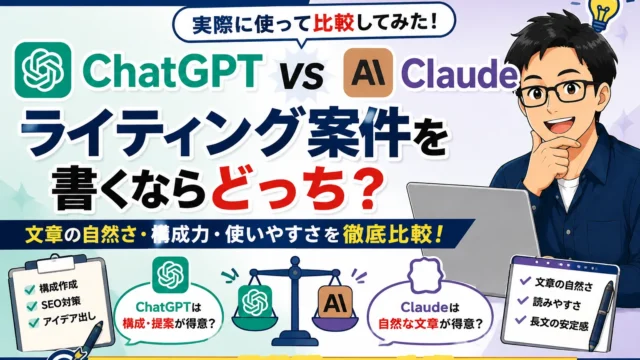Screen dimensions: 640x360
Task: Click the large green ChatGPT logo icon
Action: [x=43, y=70]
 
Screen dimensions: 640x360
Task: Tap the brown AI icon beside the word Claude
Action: [x=368, y=73]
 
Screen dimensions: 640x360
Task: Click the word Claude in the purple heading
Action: [x=459, y=75]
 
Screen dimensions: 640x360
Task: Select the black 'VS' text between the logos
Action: [x=303, y=76]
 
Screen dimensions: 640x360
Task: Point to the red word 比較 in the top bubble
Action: [x=333, y=24]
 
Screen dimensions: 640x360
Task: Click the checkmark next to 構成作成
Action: [x=29, y=289]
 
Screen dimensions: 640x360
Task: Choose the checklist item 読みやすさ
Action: [x=557, y=303]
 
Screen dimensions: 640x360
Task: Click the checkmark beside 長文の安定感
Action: [x=520, y=320]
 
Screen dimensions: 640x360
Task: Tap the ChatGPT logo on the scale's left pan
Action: [x=255, y=302]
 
